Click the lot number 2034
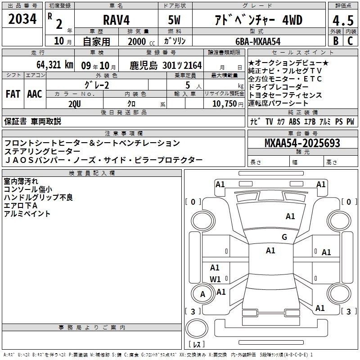[22, 19]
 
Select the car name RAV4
[117, 20]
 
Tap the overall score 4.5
[343, 20]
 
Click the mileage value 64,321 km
[55, 65]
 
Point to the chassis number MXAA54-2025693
[302, 143]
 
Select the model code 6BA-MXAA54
[258, 41]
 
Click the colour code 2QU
[75, 104]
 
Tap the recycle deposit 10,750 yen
[228, 104]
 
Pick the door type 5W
[174, 20]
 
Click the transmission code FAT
[13, 94]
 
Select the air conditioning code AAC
[35, 94]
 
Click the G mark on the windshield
[284, 237]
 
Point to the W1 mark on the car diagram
[215, 279]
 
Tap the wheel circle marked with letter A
[202, 294]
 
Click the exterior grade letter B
[336, 41]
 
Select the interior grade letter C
[350, 41]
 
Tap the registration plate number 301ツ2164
[182, 65]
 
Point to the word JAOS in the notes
[19, 160]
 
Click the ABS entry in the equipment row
[294, 121]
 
